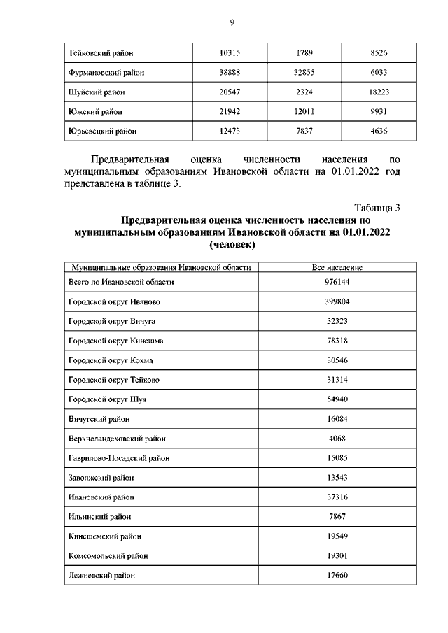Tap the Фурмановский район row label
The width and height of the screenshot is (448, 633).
point(106,72)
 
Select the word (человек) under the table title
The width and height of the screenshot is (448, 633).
point(232,246)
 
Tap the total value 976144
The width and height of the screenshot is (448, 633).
point(337,282)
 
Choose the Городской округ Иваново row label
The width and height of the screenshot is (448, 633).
point(115,301)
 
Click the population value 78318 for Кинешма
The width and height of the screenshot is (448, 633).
point(337,341)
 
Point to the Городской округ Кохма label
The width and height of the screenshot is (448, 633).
point(111,360)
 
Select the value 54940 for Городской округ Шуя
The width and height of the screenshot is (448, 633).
point(337,399)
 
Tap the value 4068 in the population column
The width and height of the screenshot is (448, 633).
point(337,439)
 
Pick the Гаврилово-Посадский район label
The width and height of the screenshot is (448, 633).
point(118,458)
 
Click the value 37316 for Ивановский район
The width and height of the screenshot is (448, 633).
point(337,497)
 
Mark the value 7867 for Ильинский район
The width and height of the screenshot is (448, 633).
point(337,517)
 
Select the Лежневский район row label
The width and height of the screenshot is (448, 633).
point(101,576)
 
